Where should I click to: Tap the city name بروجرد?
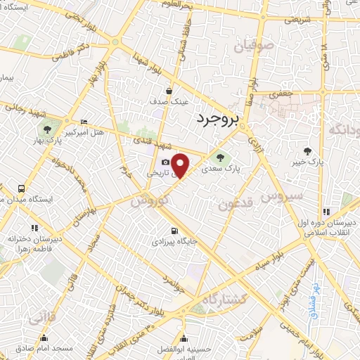[219, 120]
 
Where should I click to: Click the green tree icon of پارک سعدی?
[220, 157]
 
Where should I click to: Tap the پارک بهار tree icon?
[47, 129]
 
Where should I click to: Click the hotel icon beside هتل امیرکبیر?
[84, 122]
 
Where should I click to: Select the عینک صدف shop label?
[169, 102]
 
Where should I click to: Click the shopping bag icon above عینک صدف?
[169, 91]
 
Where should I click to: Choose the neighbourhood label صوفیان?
[247, 48]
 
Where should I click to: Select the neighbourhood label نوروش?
[148, 200]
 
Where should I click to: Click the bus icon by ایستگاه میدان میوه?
[22, 188]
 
